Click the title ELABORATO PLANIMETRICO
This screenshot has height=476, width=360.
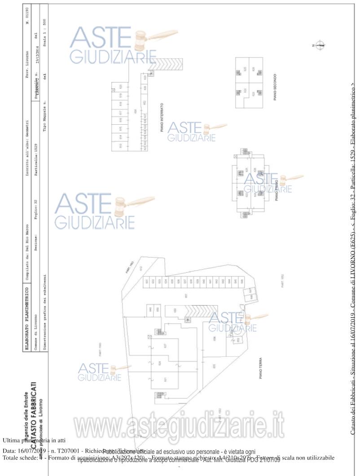coord(27,306)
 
